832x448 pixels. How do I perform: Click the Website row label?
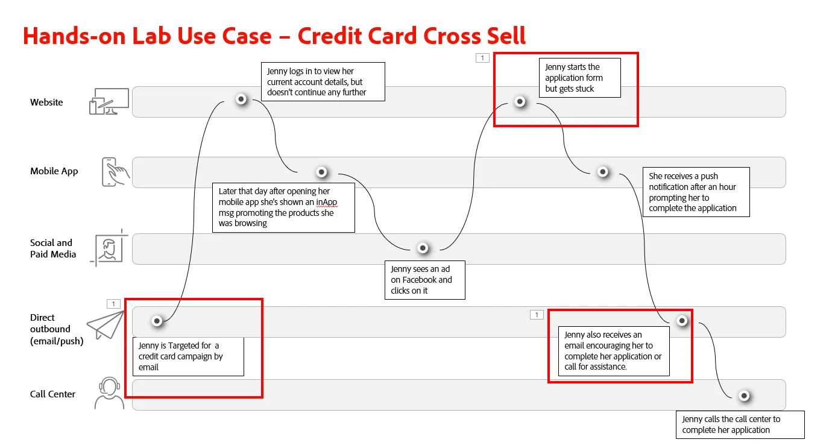[46, 102]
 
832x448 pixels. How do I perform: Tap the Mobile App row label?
[54, 171]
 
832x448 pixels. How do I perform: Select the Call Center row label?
[52, 394]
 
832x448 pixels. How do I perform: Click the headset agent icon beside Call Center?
[109, 393]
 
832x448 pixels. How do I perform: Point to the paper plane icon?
[106, 325]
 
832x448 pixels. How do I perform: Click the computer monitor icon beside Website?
[109, 101]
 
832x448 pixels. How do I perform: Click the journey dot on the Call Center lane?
[744, 396]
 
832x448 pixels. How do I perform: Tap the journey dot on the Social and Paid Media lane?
[423, 248]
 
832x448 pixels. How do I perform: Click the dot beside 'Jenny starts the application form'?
[520, 101]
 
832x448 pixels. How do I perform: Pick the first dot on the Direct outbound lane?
[157, 321]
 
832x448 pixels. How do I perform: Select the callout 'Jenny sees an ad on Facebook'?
[425, 280]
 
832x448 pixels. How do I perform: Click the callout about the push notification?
[696, 192]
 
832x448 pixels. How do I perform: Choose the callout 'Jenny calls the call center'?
[740, 424]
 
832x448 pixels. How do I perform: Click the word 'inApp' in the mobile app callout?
[327, 202]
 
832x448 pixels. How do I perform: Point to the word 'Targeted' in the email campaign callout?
[184, 346]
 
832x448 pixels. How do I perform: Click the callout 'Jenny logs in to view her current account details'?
[323, 82]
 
